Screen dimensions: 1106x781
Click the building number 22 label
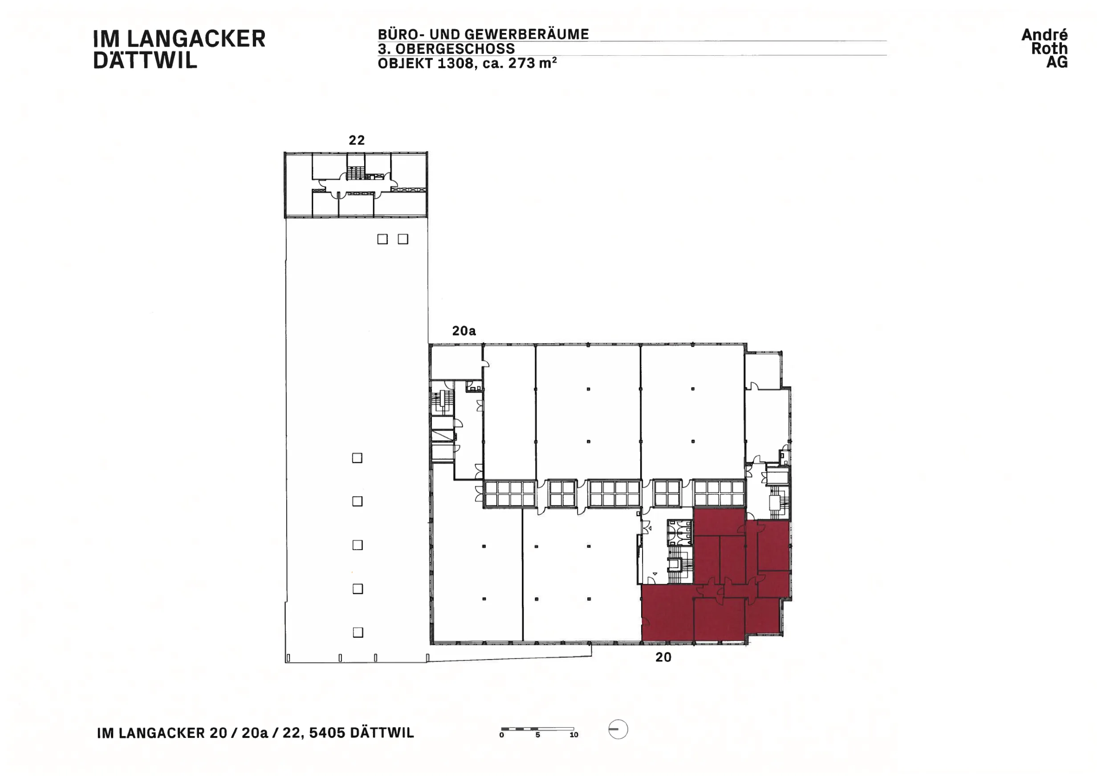coord(357,140)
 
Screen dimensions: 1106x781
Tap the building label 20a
coord(464,331)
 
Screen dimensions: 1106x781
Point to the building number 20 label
coord(663,657)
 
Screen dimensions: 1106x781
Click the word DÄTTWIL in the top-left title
coord(145,60)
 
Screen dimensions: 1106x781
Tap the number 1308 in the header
coord(455,63)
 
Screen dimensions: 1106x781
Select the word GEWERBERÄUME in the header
coord(526,34)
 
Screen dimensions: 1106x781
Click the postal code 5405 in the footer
coord(327,733)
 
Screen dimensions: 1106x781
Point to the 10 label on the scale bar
coord(574,735)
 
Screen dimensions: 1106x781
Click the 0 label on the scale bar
coord(501,735)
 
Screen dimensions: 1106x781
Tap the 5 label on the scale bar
coord(537,735)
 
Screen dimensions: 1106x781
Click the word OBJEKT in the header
coord(405,63)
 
